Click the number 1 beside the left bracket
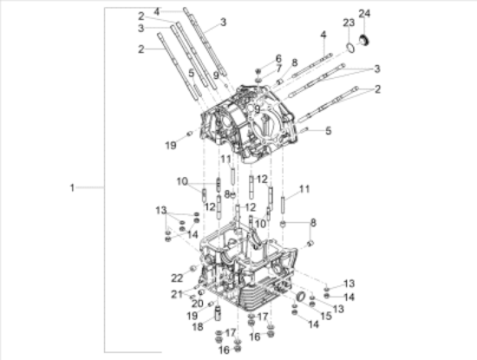74,187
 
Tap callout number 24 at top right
364,13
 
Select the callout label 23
348,22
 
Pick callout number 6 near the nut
278,58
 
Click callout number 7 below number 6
278,68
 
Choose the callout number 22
177,278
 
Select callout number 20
196,303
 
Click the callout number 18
197,326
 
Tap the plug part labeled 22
192,268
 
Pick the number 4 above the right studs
323,35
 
